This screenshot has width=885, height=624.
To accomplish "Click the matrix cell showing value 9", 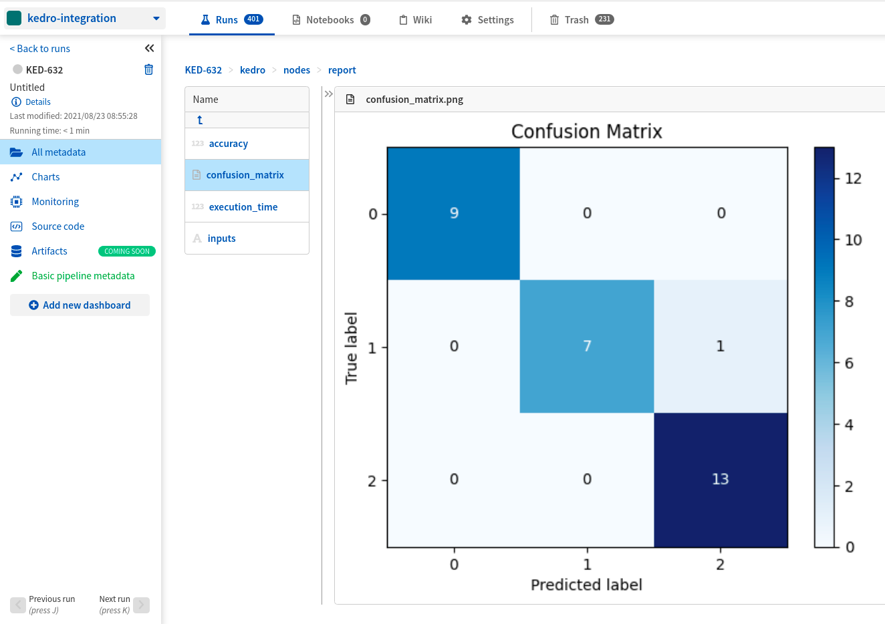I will tap(454, 213).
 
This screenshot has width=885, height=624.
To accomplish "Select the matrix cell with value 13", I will tap(720, 479).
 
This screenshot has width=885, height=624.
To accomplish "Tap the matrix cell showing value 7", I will tap(587, 346).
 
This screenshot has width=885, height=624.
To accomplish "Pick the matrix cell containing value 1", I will tap(720, 346).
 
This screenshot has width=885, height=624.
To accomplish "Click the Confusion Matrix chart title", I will tap(586, 132).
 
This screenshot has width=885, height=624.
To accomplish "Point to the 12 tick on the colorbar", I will tap(852, 178).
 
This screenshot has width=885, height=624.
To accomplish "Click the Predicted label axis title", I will tap(586, 585).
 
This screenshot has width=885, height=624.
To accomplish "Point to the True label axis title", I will tap(352, 347).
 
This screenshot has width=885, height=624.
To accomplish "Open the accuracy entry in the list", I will tap(228, 144).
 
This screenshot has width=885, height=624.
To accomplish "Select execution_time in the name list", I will tap(243, 207).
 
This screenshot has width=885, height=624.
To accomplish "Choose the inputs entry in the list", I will tap(221, 239).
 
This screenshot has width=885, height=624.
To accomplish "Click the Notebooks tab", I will tap(330, 20).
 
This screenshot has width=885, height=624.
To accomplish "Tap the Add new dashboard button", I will tap(80, 305).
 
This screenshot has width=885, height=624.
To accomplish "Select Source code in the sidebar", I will tap(57, 226).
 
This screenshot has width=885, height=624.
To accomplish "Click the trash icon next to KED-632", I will tap(148, 69).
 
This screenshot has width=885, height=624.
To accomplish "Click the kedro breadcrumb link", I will tap(252, 70).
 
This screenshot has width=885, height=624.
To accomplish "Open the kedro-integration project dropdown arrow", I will tap(156, 19).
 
